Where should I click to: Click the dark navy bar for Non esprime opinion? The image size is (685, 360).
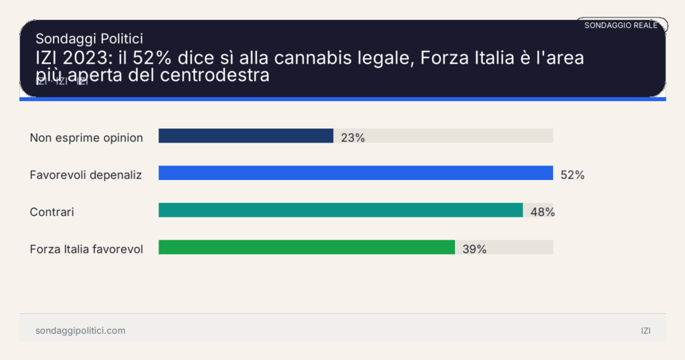pyautogui.click(x=246, y=136)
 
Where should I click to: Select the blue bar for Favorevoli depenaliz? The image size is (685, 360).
pyautogui.click(x=355, y=173)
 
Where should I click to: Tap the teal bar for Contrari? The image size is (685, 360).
pyautogui.click(x=340, y=210)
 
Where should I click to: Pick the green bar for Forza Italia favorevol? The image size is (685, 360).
pyautogui.click(x=306, y=248)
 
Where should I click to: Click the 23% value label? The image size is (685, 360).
pyautogui.click(x=353, y=138)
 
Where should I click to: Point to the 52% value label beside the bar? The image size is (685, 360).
pyautogui.click(x=573, y=175)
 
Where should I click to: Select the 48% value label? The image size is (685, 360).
pyautogui.click(x=543, y=212)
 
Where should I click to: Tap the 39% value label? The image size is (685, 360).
pyautogui.click(x=474, y=250)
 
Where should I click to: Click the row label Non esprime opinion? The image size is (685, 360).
pyautogui.click(x=86, y=138)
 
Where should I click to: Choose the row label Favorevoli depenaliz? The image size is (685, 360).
pyautogui.click(x=86, y=175)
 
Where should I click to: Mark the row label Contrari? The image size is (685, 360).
pyautogui.click(x=52, y=212)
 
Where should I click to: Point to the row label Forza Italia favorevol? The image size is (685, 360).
pyautogui.click(x=86, y=250)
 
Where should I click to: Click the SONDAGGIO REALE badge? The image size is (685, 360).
pyautogui.click(x=621, y=25)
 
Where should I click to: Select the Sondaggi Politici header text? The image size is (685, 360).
pyautogui.click(x=89, y=39)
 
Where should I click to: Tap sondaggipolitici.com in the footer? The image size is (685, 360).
pyautogui.click(x=80, y=331)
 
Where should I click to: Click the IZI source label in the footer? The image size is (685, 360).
pyautogui.click(x=645, y=331)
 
